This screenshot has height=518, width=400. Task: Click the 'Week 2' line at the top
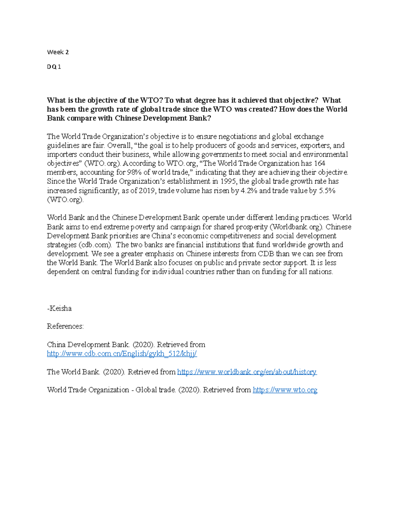[x=58, y=52]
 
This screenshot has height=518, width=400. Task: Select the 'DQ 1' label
[x=54, y=67]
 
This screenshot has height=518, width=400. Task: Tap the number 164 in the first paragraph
[x=320, y=163]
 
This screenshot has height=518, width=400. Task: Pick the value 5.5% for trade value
[x=327, y=191]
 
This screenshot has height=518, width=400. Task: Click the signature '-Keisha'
[x=59, y=308]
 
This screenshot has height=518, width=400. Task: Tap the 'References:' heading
[x=65, y=326]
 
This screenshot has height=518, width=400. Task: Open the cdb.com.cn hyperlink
[x=122, y=354]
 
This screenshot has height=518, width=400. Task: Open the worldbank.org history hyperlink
[x=247, y=372]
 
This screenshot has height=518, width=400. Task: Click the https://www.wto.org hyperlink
[x=285, y=390]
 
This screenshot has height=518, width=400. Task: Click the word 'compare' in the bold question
[x=81, y=118]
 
